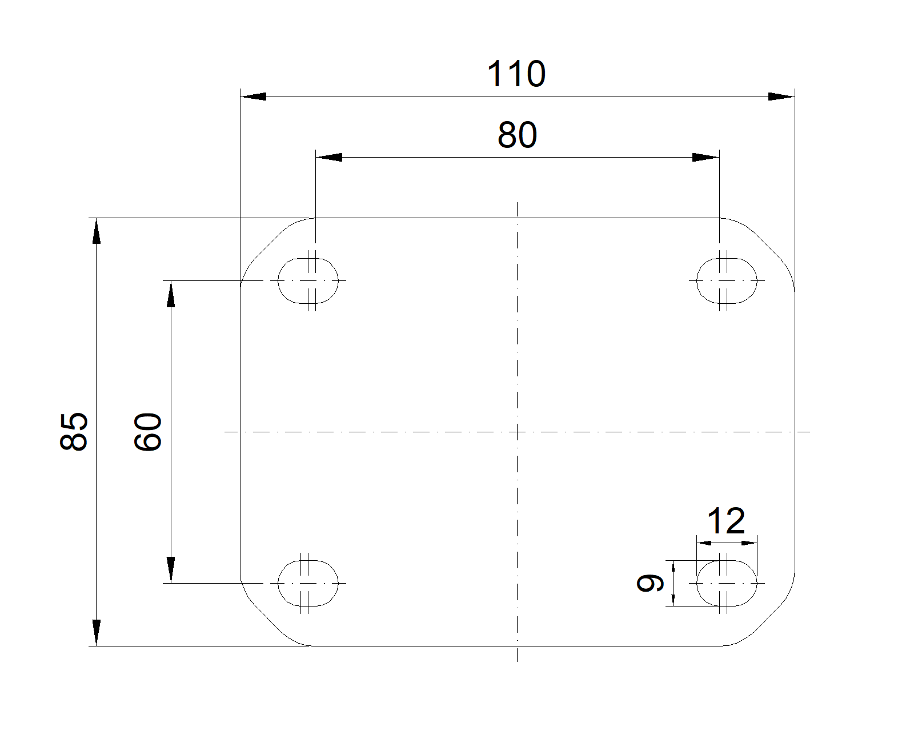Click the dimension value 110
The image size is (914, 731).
point(516,74)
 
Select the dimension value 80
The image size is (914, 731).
point(518,135)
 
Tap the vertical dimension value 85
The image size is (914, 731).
point(74,431)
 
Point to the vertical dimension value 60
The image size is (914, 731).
point(148,432)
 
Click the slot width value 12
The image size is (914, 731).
point(726,521)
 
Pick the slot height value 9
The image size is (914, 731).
point(650,583)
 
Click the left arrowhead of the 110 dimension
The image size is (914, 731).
point(254,97)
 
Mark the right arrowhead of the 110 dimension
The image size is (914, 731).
point(781,97)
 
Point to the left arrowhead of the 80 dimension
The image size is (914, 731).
point(329,157)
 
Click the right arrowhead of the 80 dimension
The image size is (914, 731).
point(705,157)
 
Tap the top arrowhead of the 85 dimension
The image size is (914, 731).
point(97,231)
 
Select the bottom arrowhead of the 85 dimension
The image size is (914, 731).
point(97,633)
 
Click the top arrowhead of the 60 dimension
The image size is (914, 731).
point(171,294)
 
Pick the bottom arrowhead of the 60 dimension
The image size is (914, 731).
point(171,569)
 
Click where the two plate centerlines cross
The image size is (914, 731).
point(517,432)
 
